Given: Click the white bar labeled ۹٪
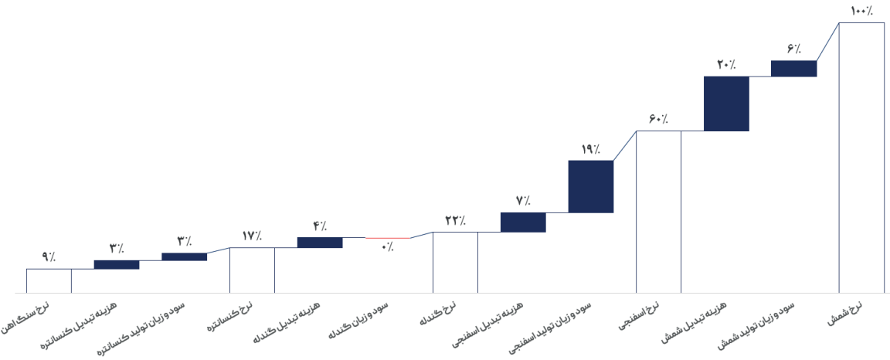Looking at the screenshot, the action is pos(49,280).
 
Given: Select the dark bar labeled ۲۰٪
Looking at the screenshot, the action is pos(726,104).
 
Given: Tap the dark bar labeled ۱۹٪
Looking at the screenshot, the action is pos(591,186).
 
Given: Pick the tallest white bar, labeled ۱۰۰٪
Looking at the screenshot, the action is pos(861,158).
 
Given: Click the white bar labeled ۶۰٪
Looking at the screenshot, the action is pos(658,212).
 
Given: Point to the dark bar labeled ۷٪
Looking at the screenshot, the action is pos(523,222).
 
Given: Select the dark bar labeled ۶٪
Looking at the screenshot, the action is pos(793,68).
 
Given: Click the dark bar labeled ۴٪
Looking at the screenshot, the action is pos(320,243).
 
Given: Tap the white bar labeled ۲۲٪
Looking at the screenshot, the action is pos(455,263).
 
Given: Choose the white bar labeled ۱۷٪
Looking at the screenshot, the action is pos(252,270).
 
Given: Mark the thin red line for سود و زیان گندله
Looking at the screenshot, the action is pos(388,238).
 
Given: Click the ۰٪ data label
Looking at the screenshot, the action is pos(388,247).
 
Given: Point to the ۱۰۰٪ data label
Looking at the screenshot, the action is pos(861,11).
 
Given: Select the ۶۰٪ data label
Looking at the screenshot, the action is pos(658,119).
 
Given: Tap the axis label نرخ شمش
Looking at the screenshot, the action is pos(844,313).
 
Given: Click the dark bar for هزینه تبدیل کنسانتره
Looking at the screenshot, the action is pos(117,265).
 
